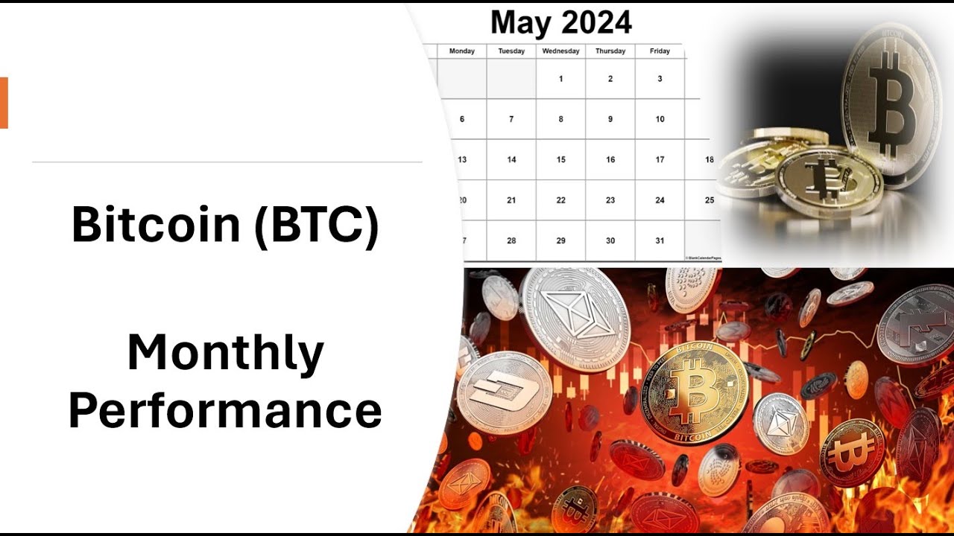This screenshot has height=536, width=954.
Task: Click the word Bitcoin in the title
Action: [x=157, y=225]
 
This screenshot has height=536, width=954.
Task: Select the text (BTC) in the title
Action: [x=317, y=225]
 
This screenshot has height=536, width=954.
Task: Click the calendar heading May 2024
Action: [x=560, y=24]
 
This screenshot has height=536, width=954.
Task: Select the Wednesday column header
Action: [x=560, y=51]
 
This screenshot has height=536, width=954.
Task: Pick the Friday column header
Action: [x=660, y=51]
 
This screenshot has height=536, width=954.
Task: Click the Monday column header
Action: [x=462, y=51]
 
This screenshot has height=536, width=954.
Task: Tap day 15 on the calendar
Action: [x=560, y=159]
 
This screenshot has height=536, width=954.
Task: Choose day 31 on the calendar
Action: [x=660, y=240]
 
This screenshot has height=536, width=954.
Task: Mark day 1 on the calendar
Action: [x=560, y=79]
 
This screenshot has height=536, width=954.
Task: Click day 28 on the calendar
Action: [x=511, y=240]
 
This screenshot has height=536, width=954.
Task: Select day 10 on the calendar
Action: [x=660, y=119]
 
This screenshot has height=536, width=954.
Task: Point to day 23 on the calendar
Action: [x=610, y=200]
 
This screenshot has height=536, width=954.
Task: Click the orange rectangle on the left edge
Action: [x=4, y=103]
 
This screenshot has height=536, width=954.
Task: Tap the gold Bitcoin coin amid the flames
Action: [x=694, y=392]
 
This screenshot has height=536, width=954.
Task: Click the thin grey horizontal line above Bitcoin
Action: [x=227, y=162]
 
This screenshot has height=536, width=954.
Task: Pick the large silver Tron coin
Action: [x=575, y=319]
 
